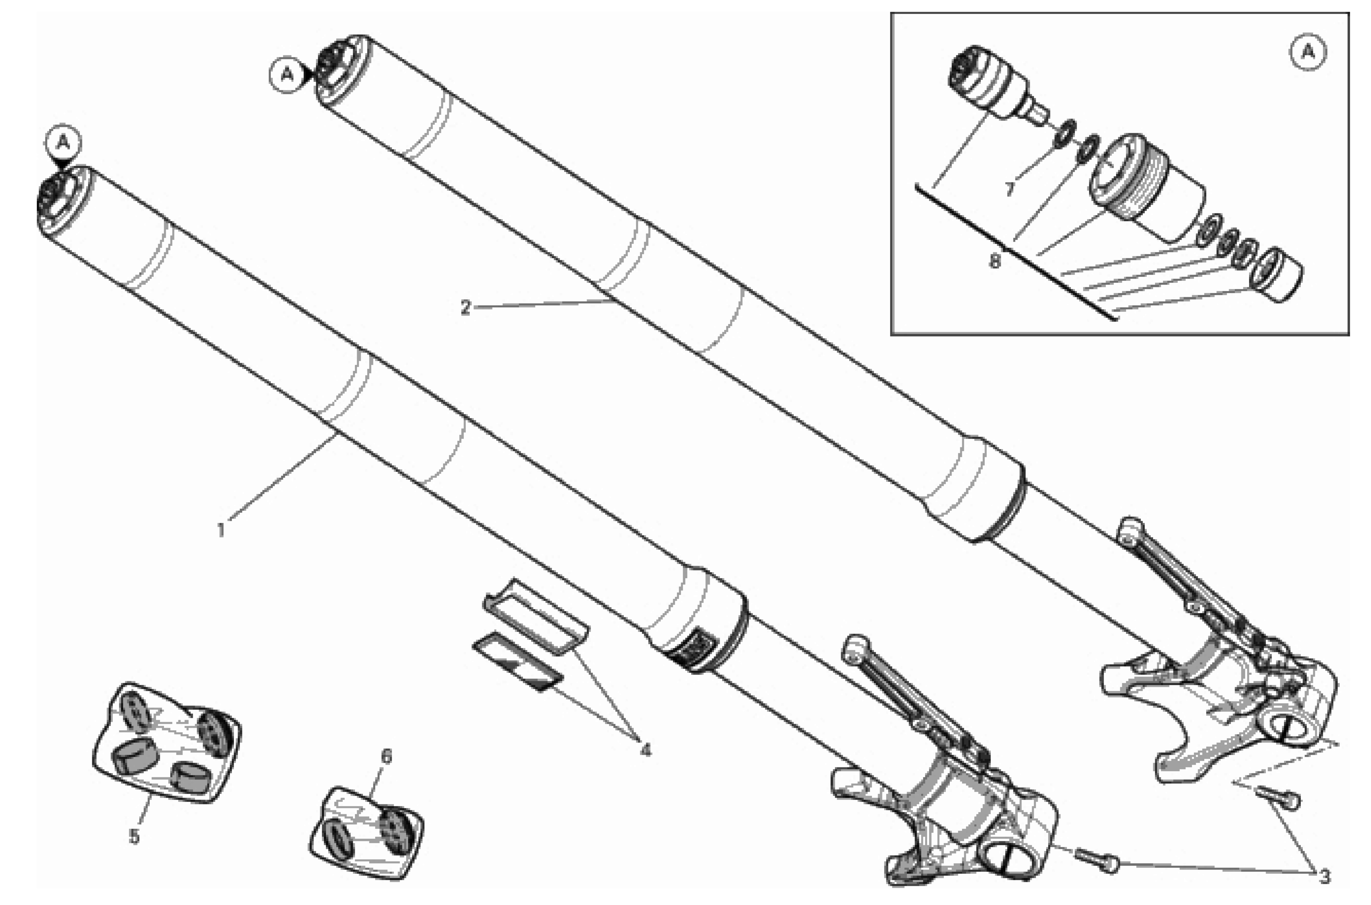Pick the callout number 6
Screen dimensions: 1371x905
click(x=386, y=756)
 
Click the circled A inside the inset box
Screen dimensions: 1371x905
click(x=1307, y=53)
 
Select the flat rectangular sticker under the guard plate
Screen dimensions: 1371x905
click(x=516, y=661)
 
